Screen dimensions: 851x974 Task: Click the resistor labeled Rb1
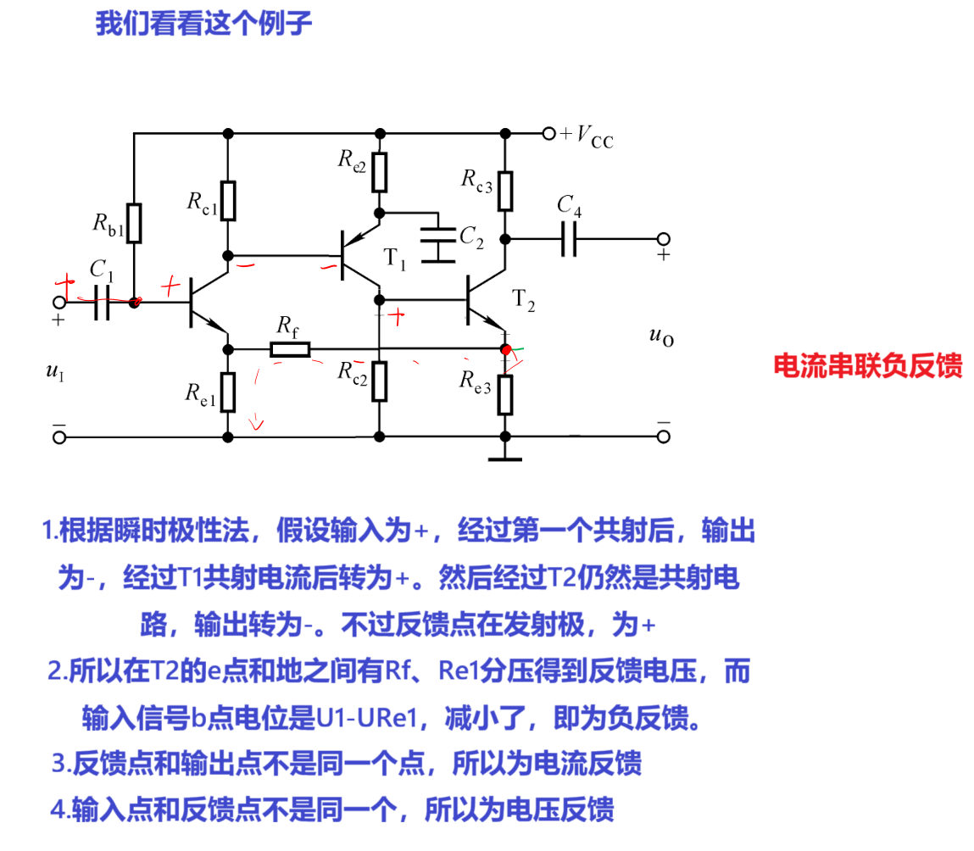click(134, 223)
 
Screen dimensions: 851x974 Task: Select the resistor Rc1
click(227, 201)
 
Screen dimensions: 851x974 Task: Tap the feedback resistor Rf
click(290, 349)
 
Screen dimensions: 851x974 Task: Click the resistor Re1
click(227, 392)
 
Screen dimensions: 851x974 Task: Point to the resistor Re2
click(379, 172)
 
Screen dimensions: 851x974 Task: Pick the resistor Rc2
click(379, 381)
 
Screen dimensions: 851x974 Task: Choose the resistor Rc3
click(505, 191)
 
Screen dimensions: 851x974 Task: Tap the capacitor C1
click(102, 302)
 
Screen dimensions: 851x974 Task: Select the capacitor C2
click(437, 238)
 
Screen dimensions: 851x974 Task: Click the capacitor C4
click(569, 239)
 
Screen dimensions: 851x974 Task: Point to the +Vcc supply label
click(587, 136)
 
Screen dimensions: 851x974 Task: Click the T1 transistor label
click(394, 259)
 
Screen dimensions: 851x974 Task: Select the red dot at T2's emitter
click(506, 349)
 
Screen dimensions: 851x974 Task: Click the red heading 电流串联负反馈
click(867, 364)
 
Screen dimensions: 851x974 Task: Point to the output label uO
click(660, 336)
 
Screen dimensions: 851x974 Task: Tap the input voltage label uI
click(55, 370)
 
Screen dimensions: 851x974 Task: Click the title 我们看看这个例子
click(203, 24)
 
